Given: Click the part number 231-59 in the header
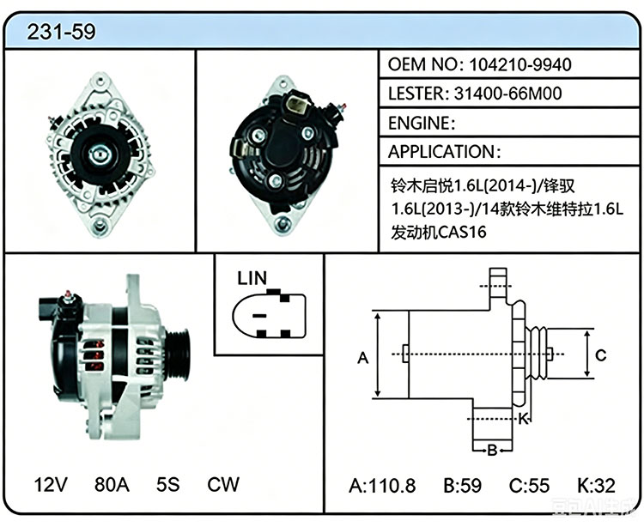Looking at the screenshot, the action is (x=61, y=32).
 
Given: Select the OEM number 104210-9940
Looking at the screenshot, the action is (x=520, y=64).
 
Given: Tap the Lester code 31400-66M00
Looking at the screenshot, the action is (x=507, y=94).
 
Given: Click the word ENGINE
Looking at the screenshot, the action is (x=419, y=123).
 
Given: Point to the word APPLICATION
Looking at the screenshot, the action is (x=441, y=152).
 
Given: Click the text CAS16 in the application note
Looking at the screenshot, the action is (x=462, y=233).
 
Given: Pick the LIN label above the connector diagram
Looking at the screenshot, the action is (x=252, y=278).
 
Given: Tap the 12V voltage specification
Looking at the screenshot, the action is (x=51, y=484).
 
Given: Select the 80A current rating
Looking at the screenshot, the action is (x=112, y=484).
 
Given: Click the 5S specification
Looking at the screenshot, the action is (x=168, y=484).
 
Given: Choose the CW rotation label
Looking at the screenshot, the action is (x=223, y=484).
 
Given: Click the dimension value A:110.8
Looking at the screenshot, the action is (x=382, y=486).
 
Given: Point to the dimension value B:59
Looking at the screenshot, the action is (x=463, y=486).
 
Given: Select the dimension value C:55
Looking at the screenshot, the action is (x=529, y=486).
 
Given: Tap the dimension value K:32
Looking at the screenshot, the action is (x=597, y=486).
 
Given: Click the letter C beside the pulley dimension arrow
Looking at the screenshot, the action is (x=601, y=355).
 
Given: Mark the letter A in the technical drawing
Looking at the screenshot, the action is (x=363, y=358).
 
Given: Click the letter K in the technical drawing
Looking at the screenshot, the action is (x=522, y=419).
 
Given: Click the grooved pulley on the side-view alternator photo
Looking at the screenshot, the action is (x=178, y=355).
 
